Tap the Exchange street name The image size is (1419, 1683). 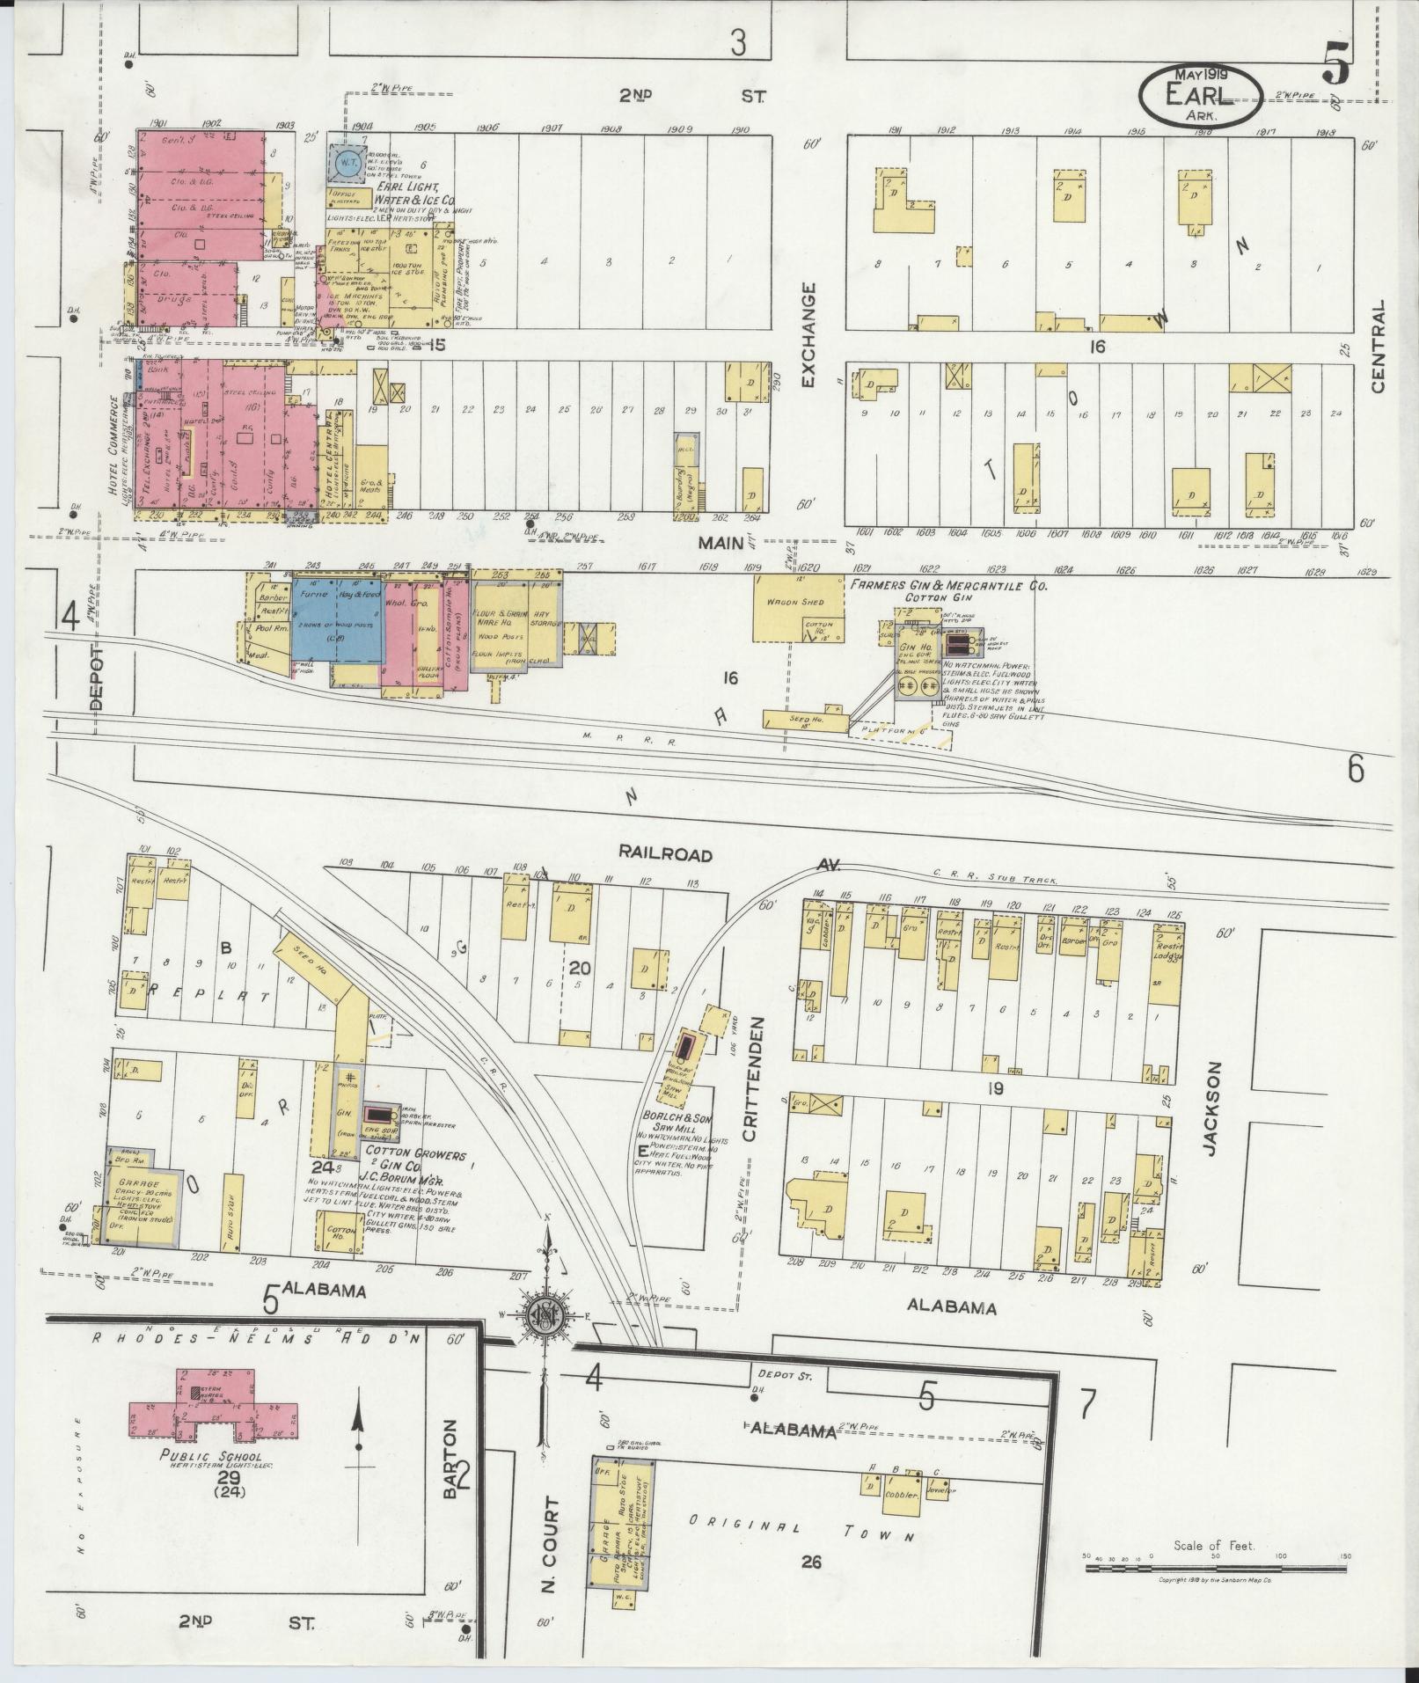pos(809,334)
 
